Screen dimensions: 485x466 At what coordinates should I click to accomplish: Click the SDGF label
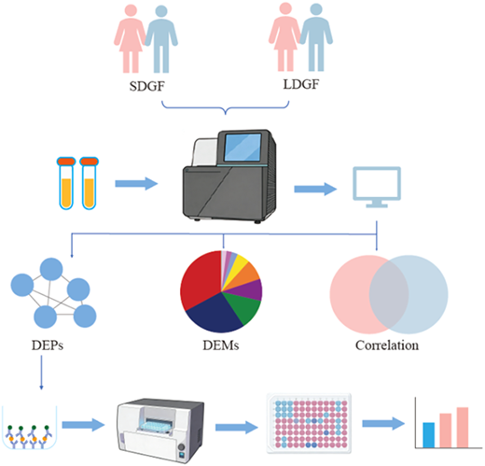[x=146, y=86]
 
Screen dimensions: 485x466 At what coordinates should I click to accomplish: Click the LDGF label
[x=301, y=84]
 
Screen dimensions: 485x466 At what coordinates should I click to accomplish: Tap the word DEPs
[x=48, y=346]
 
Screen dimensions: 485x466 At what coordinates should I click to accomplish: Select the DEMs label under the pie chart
[x=221, y=346]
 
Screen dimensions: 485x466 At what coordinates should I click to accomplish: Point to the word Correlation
[x=387, y=346]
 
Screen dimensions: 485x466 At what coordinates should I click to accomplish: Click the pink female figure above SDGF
[x=130, y=39]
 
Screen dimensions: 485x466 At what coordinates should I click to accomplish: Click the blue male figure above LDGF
[x=316, y=37]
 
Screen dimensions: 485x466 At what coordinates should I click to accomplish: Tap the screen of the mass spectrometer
[x=242, y=148]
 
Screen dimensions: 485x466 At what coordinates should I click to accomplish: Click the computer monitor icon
[x=377, y=187]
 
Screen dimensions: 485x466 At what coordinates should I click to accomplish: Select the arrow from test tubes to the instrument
[x=136, y=184]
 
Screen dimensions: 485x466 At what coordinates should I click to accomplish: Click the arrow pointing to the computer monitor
[x=315, y=189]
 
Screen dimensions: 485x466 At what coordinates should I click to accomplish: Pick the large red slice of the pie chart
[x=201, y=280]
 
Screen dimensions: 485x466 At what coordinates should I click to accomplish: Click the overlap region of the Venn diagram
[x=389, y=295]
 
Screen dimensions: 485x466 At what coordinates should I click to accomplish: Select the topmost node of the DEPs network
[x=51, y=269]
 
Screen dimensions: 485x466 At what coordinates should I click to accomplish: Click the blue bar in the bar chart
[x=429, y=435]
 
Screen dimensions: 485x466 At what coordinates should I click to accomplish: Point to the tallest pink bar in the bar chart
[x=463, y=428]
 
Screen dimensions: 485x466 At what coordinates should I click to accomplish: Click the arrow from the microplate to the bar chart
[x=383, y=424]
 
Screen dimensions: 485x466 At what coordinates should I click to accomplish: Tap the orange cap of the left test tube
[x=66, y=162]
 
